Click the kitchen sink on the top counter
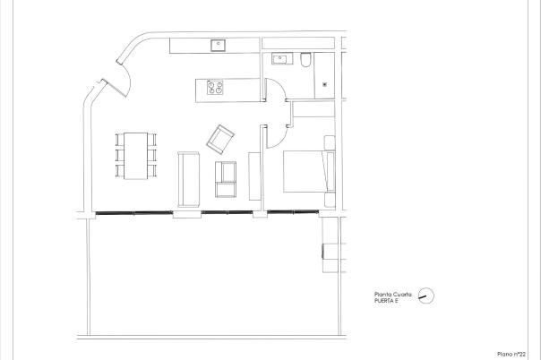point(217,44)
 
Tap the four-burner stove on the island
point(216,88)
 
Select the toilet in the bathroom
point(305,60)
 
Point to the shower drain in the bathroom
point(323,84)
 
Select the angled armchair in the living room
point(219,138)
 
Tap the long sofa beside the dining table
point(189,178)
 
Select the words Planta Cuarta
point(392,295)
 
